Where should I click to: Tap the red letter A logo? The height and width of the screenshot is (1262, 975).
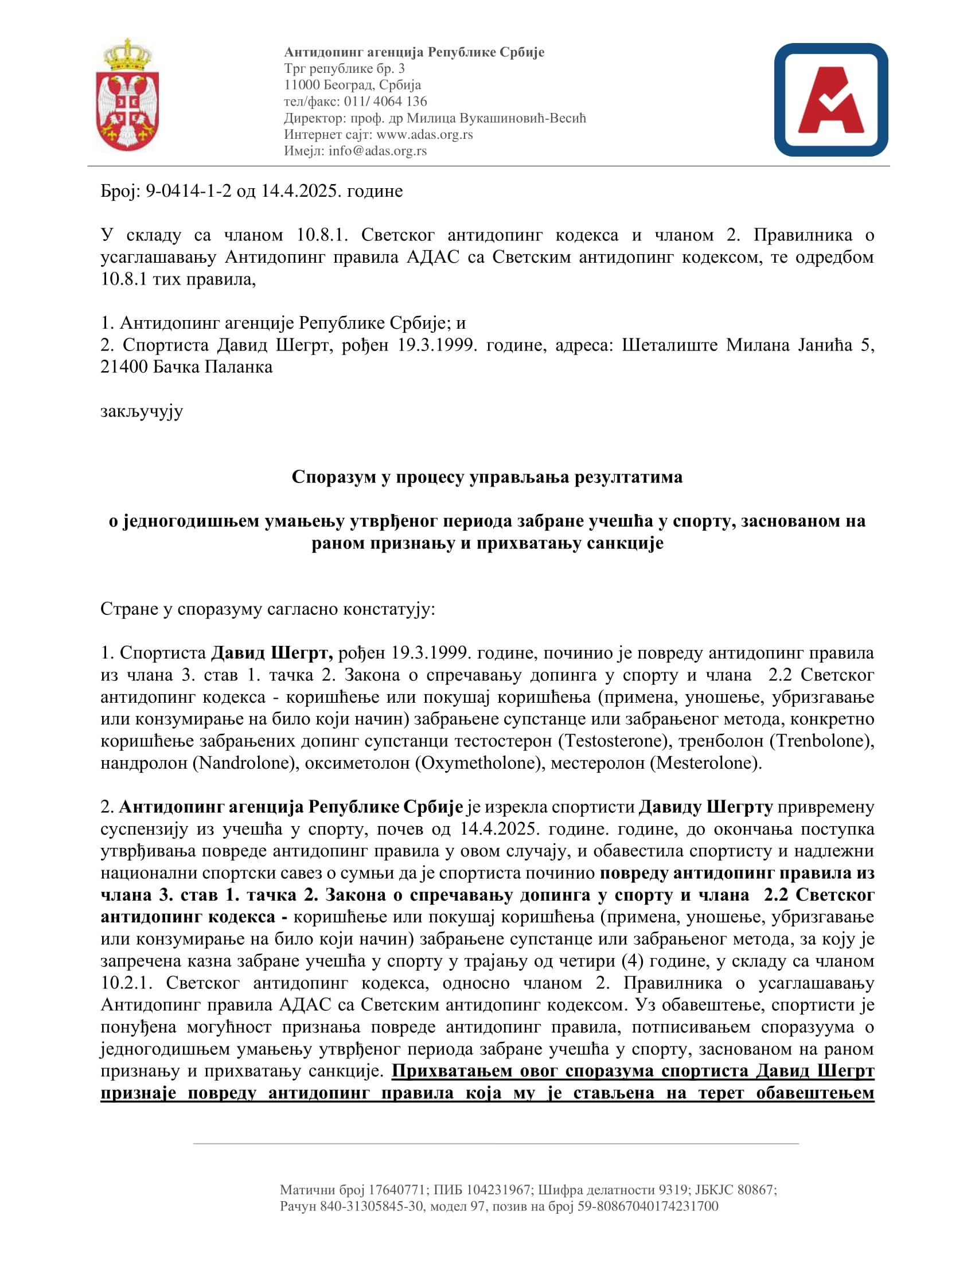point(830,100)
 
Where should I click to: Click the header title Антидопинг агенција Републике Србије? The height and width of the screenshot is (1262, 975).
point(414,53)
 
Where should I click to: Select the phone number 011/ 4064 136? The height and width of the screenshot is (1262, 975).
point(385,102)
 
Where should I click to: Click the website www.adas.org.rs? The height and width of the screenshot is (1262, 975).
point(424,135)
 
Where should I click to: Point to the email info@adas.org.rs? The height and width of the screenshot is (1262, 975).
point(378,151)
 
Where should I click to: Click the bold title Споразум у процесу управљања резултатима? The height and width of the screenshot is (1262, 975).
point(487,477)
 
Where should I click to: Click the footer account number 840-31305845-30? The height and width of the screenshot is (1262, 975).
point(372,1206)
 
